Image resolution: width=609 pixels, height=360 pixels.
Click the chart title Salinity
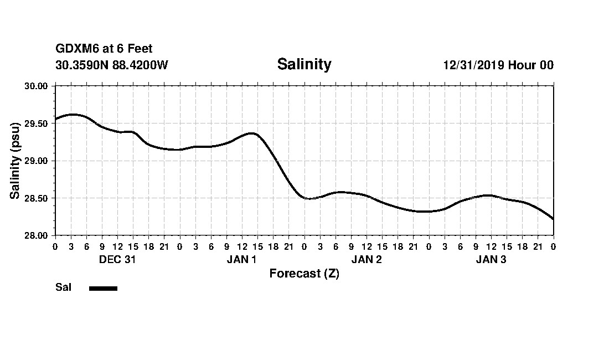pos(304,64)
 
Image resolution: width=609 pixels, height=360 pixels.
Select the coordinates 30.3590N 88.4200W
pos(111,65)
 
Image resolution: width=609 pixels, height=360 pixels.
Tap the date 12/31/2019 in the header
pos(473,65)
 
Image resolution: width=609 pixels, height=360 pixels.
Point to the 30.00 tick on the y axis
pos(37,86)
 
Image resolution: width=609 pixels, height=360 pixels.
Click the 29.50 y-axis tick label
pos(37,124)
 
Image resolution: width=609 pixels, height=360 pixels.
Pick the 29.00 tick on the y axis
pos(37,161)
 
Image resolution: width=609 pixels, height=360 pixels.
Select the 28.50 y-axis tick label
pos(37,198)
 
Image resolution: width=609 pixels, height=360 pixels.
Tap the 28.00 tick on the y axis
pos(37,235)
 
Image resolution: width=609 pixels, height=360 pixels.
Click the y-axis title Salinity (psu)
pos(15,161)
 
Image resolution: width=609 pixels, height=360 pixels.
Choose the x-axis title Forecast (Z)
pos(304,274)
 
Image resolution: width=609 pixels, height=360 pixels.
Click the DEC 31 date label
pos(117,260)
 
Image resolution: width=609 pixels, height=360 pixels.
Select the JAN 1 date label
pos(241,260)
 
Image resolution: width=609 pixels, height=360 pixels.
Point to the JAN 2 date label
pos(366,260)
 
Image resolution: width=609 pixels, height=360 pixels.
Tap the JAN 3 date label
pos(491,260)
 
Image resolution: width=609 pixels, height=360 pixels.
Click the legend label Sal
pos(63,287)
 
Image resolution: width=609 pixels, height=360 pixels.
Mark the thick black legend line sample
pos(103,288)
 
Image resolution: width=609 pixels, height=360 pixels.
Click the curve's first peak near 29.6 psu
pos(73,115)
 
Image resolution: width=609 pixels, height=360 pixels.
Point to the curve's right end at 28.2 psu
pos(553,218)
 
